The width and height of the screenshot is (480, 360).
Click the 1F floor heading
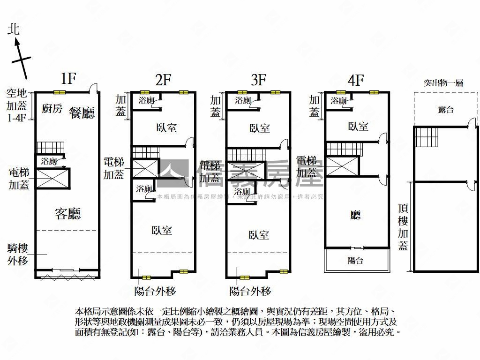coord(68,78)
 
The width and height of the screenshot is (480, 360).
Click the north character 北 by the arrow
coord(14,30)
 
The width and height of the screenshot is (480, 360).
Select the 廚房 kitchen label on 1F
coord(52,109)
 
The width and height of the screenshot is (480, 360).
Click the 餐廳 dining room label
coord(82,112)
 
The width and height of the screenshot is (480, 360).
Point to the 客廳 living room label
coord(67,214)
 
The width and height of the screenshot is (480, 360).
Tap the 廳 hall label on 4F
coord(356,215)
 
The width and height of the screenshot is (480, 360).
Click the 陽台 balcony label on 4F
coord(356,261)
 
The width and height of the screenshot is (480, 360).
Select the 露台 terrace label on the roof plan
coord(445,110)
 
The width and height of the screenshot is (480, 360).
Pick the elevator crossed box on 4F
coord(342,167)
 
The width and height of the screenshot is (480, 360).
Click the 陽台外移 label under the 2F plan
coord(155,291)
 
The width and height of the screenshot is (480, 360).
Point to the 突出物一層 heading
coord(443,83)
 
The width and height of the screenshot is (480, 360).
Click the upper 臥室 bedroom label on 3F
coord(260,128)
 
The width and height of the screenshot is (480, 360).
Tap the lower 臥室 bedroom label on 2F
coord(162,230)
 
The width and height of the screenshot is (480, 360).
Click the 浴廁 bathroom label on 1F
coord(49,162)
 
